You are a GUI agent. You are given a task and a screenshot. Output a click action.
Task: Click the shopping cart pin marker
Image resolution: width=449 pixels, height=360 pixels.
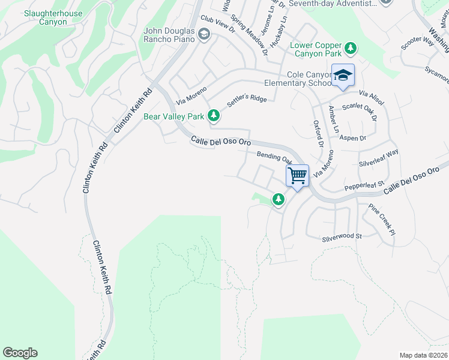coord(297,176)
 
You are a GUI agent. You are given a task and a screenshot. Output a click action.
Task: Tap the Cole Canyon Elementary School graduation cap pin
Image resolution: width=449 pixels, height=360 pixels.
coord(343,76)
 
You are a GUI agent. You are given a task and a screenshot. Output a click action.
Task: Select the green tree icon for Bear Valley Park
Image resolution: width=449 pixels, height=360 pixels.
coord(213,115)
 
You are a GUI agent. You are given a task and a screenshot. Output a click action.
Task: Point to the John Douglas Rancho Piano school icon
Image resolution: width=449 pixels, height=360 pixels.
coord(203,35)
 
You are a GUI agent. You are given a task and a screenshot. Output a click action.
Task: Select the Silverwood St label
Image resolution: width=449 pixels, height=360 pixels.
coord(342,236)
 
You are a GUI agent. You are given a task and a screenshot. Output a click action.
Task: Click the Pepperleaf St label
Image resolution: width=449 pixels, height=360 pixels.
coord(364,184)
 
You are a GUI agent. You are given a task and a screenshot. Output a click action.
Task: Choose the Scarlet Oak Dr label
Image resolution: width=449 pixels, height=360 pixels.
coord(359,112)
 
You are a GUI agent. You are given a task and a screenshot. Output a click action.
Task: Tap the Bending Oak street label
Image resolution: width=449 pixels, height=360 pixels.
coord(274,158)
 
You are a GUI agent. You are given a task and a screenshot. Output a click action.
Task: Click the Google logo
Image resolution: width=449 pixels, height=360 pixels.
coord(20,353)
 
